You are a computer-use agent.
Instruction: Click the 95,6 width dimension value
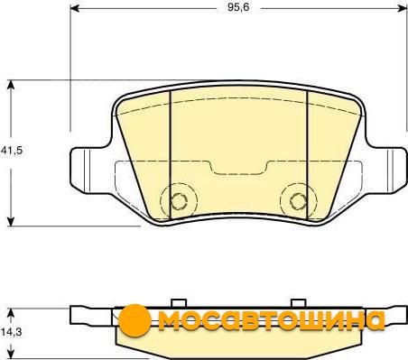coord(238,7)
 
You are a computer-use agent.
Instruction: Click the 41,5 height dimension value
coord(12,150)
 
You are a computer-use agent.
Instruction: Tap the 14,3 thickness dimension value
coord(11,332)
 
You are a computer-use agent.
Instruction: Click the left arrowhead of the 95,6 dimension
coord(74,8)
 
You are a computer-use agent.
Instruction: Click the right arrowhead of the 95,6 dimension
coord(403,8)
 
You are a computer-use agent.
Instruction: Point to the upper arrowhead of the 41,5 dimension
coord(11,85)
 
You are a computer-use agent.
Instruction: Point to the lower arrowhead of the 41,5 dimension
coord(11,222)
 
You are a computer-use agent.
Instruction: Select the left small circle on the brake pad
coord(179,201)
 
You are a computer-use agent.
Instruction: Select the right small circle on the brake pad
coord(298,201)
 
